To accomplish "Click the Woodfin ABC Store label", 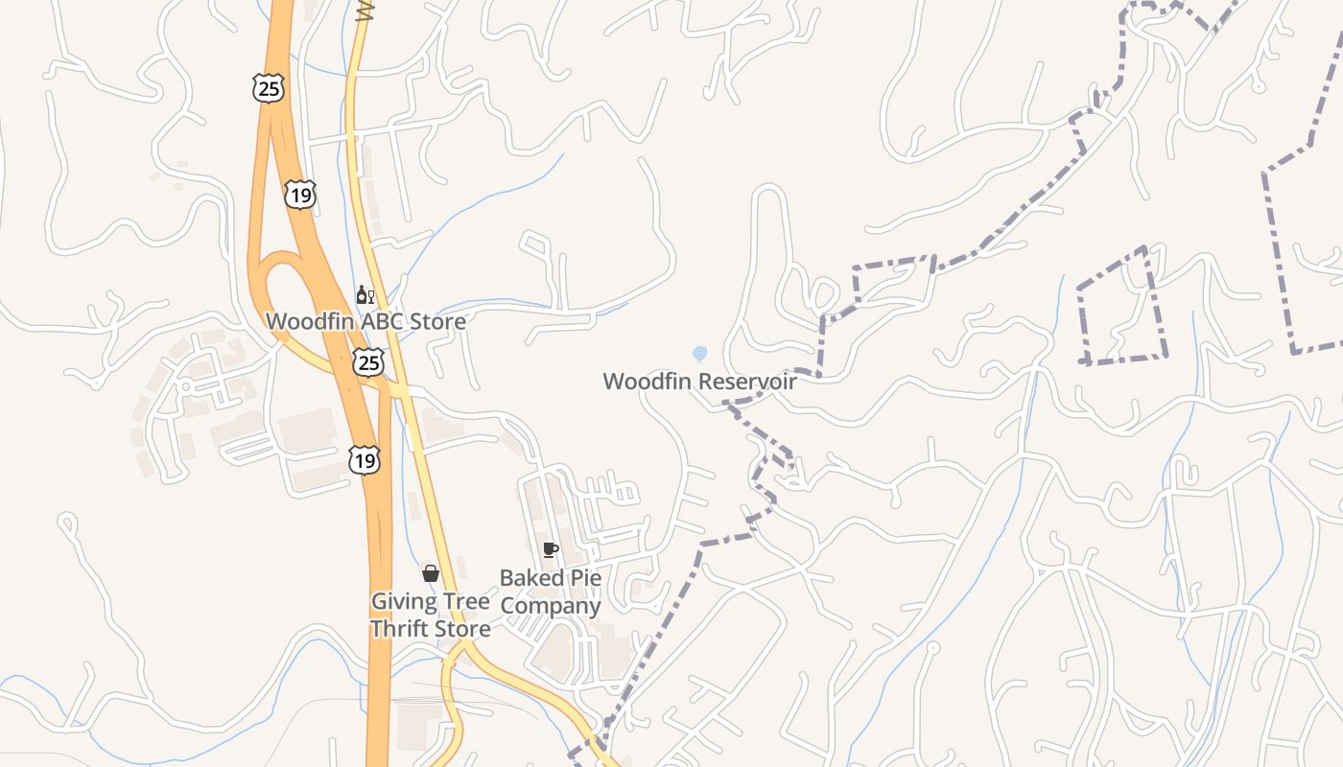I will tap(365, 321).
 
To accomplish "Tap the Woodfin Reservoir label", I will tap(699, 381).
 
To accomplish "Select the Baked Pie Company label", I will tap(551, 592).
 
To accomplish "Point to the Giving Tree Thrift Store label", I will tap(431, 615).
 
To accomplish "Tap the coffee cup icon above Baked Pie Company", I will tap(550, 549).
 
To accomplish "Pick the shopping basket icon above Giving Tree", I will tap(431, 573).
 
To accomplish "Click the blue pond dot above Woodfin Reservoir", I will tap(699, 354).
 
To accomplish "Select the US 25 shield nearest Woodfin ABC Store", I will tap(368, 361).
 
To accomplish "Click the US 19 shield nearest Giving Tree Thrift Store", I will tap(365, 460).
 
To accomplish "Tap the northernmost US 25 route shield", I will tap(270, 89).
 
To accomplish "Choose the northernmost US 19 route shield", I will tap(300, 195).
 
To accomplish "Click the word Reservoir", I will tap(747, 381).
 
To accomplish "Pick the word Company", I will tap(551, 606).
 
